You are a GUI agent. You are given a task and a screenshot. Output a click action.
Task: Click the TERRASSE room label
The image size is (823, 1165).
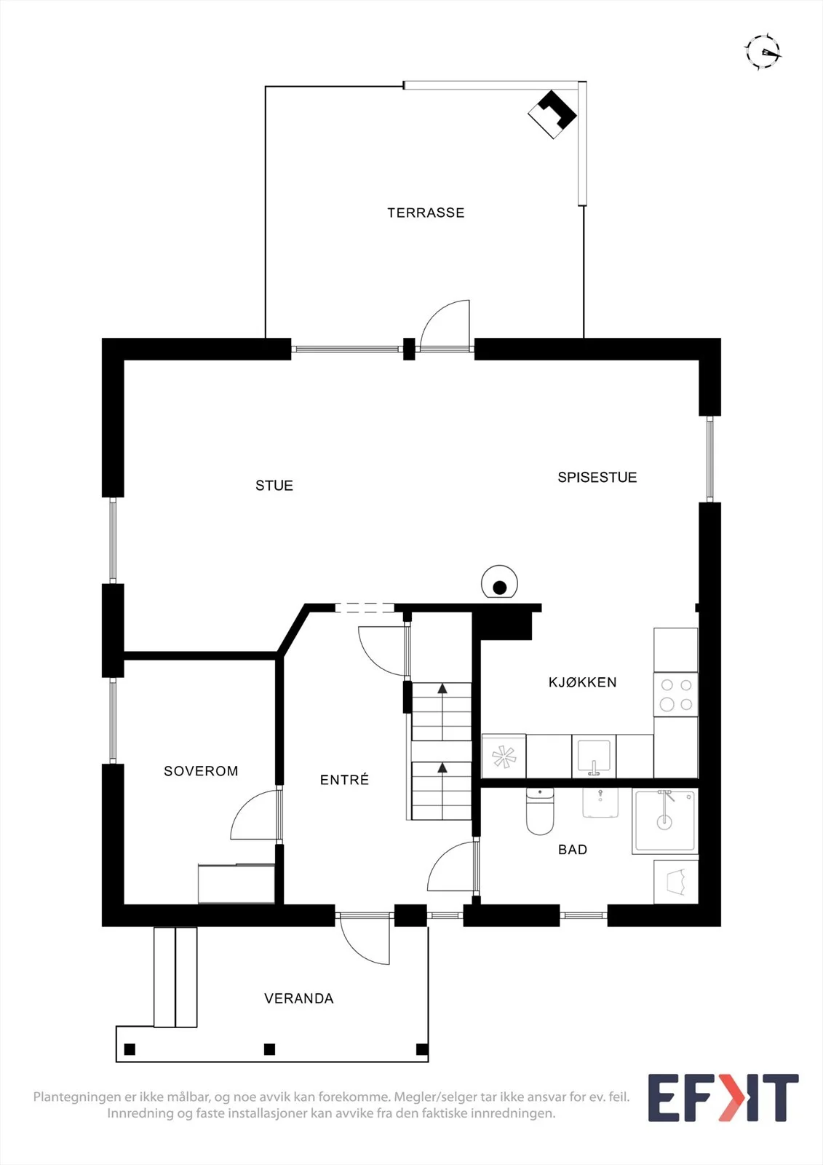coord(426,213)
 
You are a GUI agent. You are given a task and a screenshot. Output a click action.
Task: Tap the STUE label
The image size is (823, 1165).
coord(274,485)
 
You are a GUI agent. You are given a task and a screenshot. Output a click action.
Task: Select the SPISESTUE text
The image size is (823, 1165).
coord(597,478)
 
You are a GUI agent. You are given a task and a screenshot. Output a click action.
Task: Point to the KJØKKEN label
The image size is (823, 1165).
coord(582,682)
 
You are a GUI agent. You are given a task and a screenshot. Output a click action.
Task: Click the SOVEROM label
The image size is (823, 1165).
coord(201,771)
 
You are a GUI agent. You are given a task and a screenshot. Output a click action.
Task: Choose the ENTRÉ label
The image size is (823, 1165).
coord(344,779)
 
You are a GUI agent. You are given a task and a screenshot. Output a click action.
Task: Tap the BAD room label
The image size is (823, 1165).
coord(573,849)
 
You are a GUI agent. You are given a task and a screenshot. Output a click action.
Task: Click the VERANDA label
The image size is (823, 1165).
coord(298,998)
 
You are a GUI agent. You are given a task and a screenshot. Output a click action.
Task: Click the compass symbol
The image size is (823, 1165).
coord(763,52)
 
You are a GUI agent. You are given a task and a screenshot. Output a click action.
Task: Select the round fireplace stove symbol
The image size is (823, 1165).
coord(499,582)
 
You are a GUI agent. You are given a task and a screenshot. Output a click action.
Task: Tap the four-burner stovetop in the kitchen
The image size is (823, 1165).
coord(676,695)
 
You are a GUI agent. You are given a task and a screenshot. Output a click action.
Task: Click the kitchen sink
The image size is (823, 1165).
coord(594,757)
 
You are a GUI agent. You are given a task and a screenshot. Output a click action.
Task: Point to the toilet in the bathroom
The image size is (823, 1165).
coord(540,811)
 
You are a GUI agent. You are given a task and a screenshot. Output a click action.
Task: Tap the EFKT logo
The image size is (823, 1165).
coord(723,1098)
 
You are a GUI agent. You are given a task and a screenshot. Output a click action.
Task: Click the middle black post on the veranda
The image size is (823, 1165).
coord(269,1049)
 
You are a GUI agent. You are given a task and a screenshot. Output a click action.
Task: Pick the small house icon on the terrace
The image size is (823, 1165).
coord(552,114)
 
